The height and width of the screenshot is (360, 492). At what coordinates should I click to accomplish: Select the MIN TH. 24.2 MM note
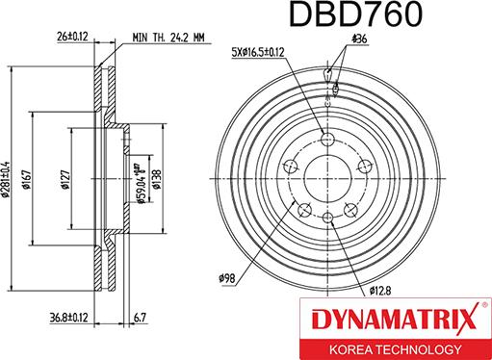coord(169,39)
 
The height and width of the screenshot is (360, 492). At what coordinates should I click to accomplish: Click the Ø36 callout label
coord(359,39)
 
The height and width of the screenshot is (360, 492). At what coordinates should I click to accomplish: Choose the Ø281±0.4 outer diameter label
coord(7,177)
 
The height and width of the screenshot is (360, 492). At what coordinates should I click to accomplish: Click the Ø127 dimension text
coord(65,178)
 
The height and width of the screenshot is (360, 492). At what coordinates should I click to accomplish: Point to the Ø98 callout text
coord(227,279)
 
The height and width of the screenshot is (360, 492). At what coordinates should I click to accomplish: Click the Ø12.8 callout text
coord(379,289)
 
